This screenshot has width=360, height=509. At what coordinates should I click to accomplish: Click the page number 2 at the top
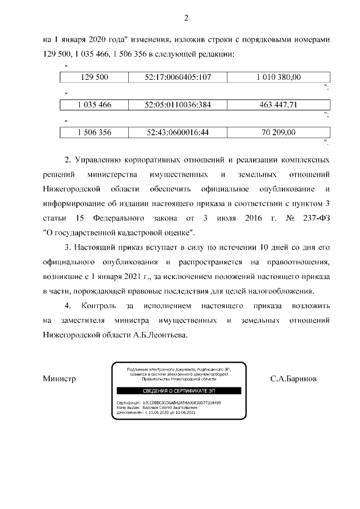tap(186, 19)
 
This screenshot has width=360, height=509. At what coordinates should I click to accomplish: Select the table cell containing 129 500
tap(94, 78)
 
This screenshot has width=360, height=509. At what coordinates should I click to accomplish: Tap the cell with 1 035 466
tap(94, 105)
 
